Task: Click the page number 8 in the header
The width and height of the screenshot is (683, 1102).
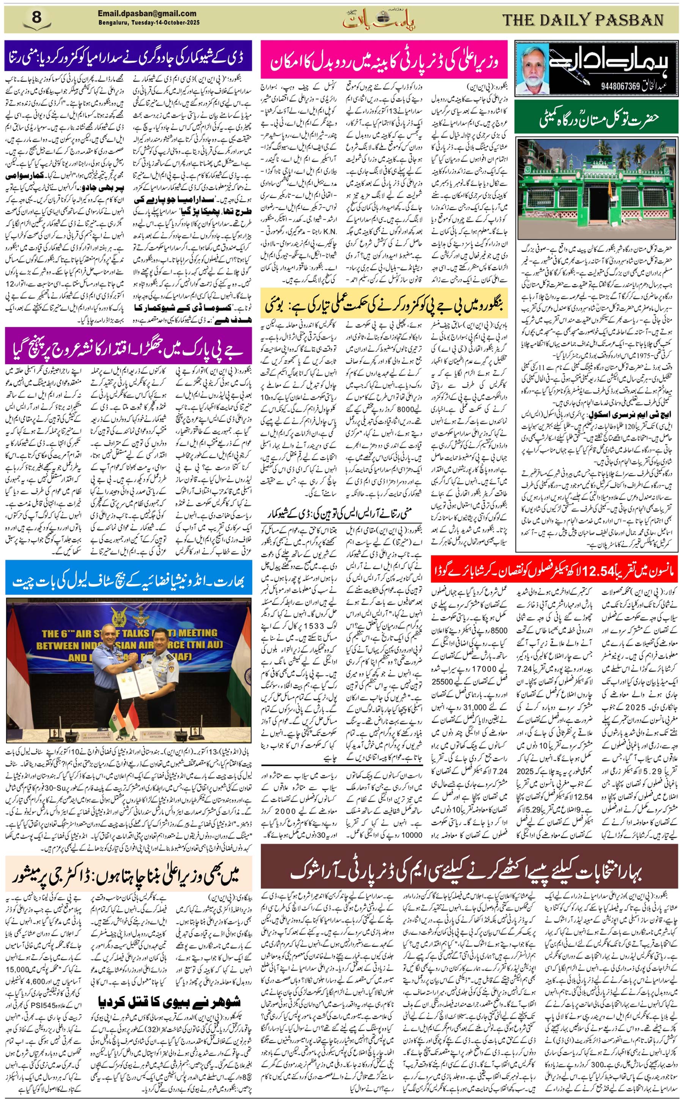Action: pos(37,18)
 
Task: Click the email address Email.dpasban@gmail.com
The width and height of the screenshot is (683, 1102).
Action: pos(147,14)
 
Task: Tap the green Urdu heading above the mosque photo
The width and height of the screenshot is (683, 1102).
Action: pos(596,120)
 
